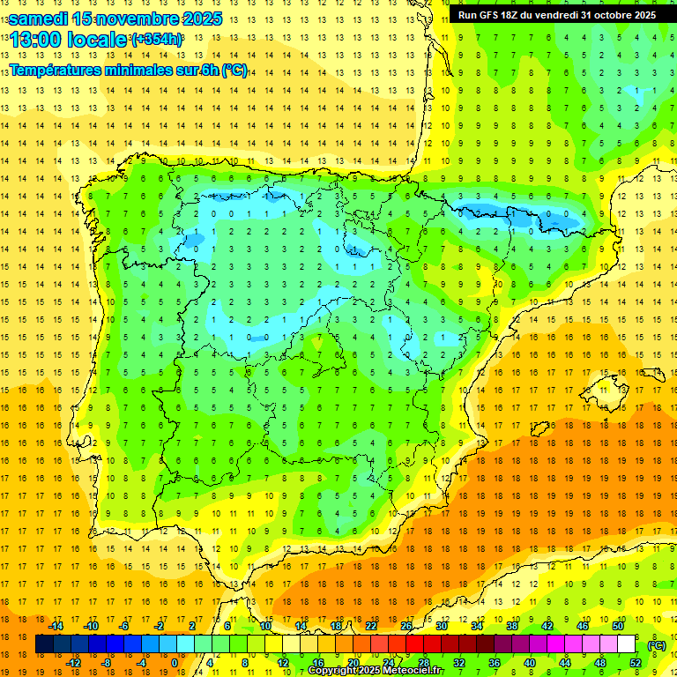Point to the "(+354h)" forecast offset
(x=157, y=40)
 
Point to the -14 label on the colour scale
(x=56, y=626)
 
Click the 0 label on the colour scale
(x=174, y=663)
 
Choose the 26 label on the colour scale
(x=406, y=626)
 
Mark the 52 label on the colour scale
(x=636, y=663)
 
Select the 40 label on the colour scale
(x=529, y=663)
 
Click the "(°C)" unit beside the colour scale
(x=657, y=645)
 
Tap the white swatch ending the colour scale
(x=626, y=644)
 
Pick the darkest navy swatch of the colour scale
(x=44, y=644)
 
